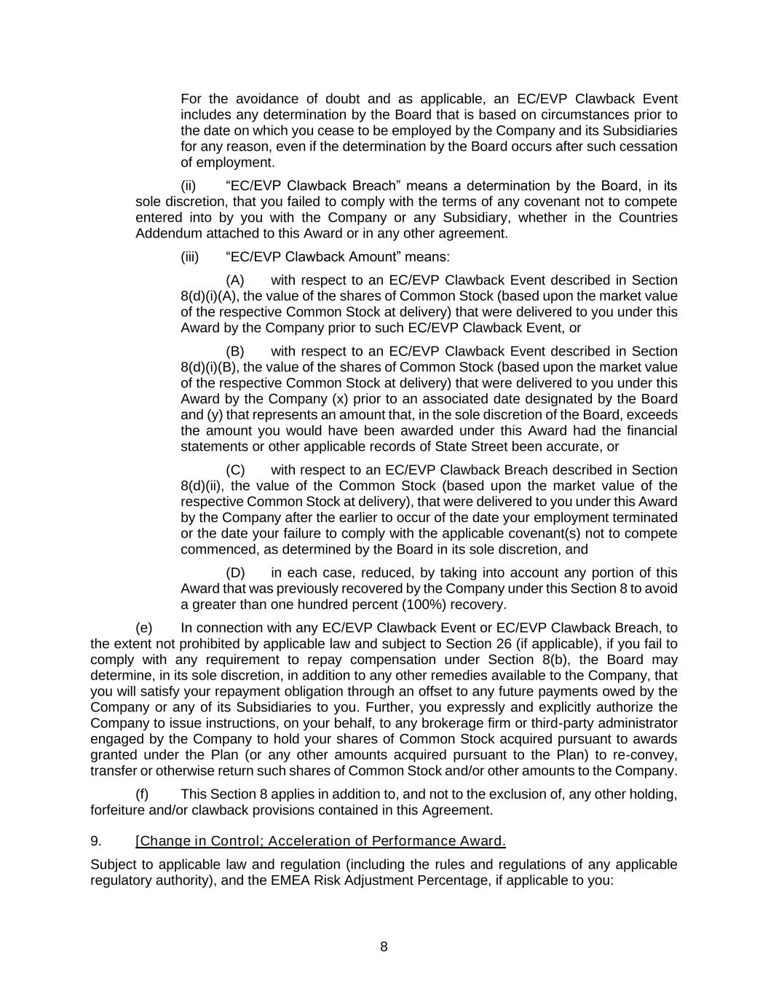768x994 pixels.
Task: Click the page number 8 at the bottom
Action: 384,947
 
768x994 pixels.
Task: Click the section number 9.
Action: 95,841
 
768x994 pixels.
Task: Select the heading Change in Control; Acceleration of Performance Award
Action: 320,841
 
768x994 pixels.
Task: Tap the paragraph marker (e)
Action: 144,628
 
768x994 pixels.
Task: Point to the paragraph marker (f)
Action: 143,794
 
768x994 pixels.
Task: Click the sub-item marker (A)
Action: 234,280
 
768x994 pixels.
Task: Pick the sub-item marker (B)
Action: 234,351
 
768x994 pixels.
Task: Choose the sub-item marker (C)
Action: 234,470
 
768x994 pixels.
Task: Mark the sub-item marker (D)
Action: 235,572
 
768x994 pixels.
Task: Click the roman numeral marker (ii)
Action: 188,186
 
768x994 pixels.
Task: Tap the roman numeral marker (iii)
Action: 189,256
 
